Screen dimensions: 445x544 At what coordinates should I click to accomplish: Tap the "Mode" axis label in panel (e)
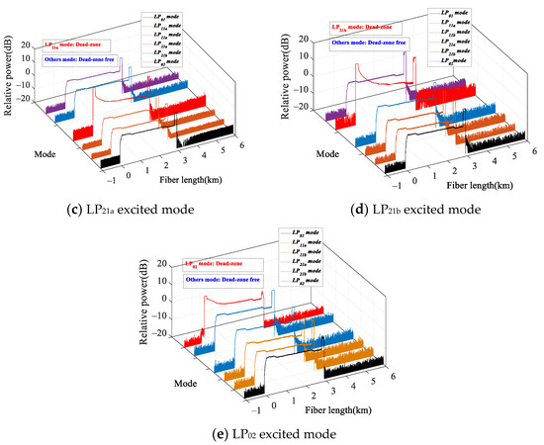click(x=178, y=378)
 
